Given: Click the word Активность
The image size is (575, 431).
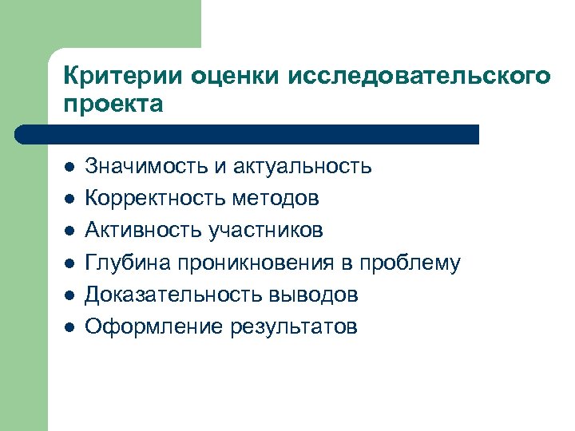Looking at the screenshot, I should point(144,231).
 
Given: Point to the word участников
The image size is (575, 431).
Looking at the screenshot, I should point(266,231).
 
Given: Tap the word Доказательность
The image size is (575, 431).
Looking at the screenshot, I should point(165,295).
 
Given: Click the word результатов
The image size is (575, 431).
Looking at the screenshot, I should point(294,326).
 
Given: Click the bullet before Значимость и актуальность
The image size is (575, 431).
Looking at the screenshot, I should point(69,168).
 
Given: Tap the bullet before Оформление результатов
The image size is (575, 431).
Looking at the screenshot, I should point(69,327).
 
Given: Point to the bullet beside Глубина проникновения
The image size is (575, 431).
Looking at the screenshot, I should point(69,263).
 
